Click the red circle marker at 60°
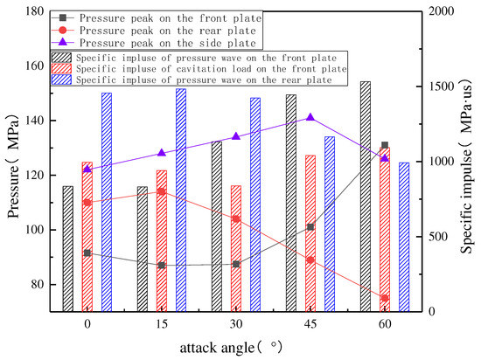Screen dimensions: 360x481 [x=385, y=298]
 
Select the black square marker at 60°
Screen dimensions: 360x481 [x=385, y=145]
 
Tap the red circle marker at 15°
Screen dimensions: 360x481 [x=162, y=191]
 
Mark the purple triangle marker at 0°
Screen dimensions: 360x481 [x=87, y=169]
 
